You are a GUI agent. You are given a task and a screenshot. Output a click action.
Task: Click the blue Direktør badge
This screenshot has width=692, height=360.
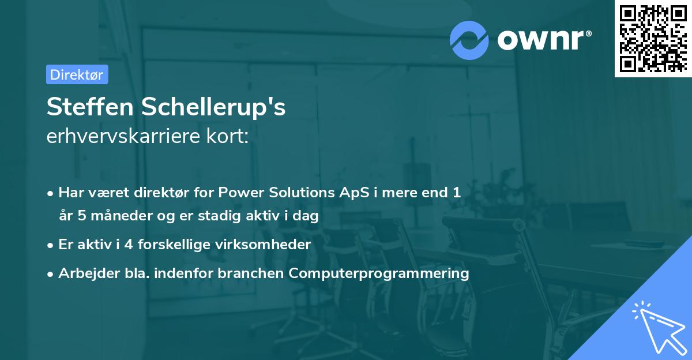click(77, 74)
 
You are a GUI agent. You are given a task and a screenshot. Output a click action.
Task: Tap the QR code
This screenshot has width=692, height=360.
click(653, 38)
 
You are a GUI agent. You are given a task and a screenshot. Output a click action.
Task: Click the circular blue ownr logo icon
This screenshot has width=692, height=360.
click(469, 40)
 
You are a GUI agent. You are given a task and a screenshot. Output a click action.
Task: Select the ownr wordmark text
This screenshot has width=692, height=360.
click(544, 40)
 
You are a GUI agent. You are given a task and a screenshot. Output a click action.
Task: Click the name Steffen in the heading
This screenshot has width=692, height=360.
click(90, 107)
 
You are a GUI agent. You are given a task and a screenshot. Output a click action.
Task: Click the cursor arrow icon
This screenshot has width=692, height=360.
click(660, 328)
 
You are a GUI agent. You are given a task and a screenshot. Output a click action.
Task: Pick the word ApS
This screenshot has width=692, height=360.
click(354, 193)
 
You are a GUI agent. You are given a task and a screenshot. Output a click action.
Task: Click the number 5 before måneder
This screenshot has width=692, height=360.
click(81, 215)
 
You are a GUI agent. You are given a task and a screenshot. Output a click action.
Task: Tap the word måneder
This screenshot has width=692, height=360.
click(122, 215)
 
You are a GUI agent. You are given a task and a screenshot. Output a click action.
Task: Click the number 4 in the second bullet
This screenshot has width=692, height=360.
click(129, 245)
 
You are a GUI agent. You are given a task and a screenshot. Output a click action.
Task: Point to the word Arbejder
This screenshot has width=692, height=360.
click(89, 273)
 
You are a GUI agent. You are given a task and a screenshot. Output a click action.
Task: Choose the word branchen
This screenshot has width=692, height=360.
click(250, 273)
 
